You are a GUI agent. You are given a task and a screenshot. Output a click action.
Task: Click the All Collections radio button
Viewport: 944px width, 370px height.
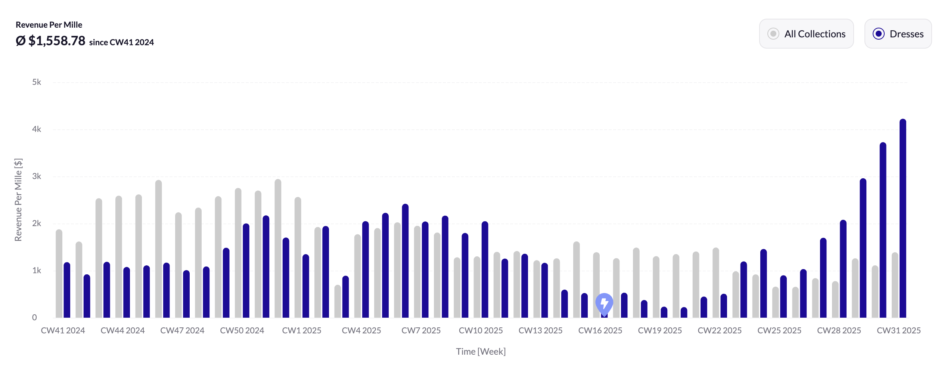pyautogui.click(x=773, y=34)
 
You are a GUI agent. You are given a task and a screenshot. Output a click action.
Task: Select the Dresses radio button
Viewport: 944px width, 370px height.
pyautogui.click(x=879, y=34)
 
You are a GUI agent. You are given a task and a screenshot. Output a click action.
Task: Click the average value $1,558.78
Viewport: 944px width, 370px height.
pyautogui.click(x=56, y=41)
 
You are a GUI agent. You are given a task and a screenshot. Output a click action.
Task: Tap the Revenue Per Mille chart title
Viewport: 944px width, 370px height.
pyautogui.click(x=49, y=25)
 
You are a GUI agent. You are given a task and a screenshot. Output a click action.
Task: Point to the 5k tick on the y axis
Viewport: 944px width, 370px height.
pyautogui.click(x=37, y=82)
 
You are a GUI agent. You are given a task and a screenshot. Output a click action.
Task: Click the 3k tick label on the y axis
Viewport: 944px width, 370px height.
pyautogui.click(x=37, y=176)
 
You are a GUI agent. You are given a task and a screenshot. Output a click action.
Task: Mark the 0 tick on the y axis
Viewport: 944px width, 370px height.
pyautogui.click(x=34, y=318)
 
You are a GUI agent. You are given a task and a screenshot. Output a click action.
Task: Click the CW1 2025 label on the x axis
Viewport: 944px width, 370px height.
pyautogui.click(x=302, y=330)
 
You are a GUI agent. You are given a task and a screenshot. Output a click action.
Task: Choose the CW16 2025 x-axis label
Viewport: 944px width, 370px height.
pyautogui.click(x=600, y=330)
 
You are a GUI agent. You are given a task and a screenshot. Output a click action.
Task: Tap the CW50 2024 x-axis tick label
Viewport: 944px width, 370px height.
pyautogui.click(x=242, y=330)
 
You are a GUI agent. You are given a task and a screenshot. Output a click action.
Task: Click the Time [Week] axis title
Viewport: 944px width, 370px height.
pyautogui.click(x=481, y=352)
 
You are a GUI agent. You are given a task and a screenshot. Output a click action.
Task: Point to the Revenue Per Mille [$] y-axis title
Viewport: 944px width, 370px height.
pyautogui.click(x=18, y=200)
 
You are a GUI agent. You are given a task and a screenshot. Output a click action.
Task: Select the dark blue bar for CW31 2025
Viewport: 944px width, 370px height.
pyautogui.click(x=903, y=224)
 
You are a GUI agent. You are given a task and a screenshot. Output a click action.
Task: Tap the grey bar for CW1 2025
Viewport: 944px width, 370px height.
pyautogui.click(x=298, y=258)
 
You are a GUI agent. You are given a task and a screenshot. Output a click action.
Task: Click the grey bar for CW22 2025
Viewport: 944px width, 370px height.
pyautogui.click(x=715, y=284)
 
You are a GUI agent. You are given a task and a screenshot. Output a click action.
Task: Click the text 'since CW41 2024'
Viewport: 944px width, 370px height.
pyautogui.click(x=121, y=42)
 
